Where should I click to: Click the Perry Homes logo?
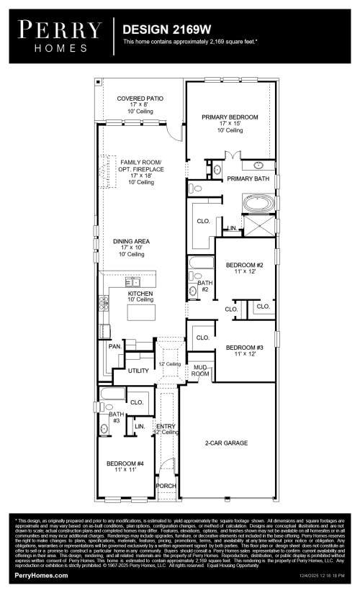[60, 35]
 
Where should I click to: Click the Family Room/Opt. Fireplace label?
[142, 172]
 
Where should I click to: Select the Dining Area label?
[131, 248]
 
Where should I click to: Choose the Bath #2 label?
[204, 286]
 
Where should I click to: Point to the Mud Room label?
[200, 371]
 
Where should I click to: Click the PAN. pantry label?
[114, 346]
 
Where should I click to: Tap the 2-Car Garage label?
[227, 443]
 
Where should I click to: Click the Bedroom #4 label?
[125, 468]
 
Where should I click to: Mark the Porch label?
[166, 486]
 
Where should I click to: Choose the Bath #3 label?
[116, 418]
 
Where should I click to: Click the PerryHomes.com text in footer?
[41, 575]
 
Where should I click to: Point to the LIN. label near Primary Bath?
[232, 228]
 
